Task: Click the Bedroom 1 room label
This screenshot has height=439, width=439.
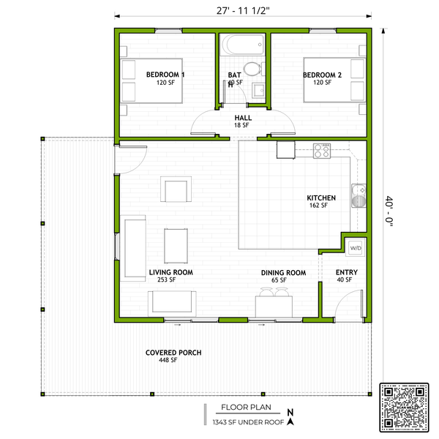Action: (165, 75)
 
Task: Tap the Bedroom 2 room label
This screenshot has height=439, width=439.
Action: (323, 75)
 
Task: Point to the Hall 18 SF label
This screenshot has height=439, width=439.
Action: (242, 121)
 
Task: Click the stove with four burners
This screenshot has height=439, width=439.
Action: (323, 151)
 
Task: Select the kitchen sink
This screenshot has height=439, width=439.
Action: (359, 196)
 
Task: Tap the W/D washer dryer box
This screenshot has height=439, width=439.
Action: (356, 249)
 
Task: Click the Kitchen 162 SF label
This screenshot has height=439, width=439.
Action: (321, 202)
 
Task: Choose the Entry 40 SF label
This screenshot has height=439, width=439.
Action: (345, 276)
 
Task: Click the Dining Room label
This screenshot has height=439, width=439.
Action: (283, 273)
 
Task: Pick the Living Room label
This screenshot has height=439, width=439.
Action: (170, 273)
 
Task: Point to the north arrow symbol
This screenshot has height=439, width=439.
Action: (290, 417)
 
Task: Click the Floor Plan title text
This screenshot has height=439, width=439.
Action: (244, 409)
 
